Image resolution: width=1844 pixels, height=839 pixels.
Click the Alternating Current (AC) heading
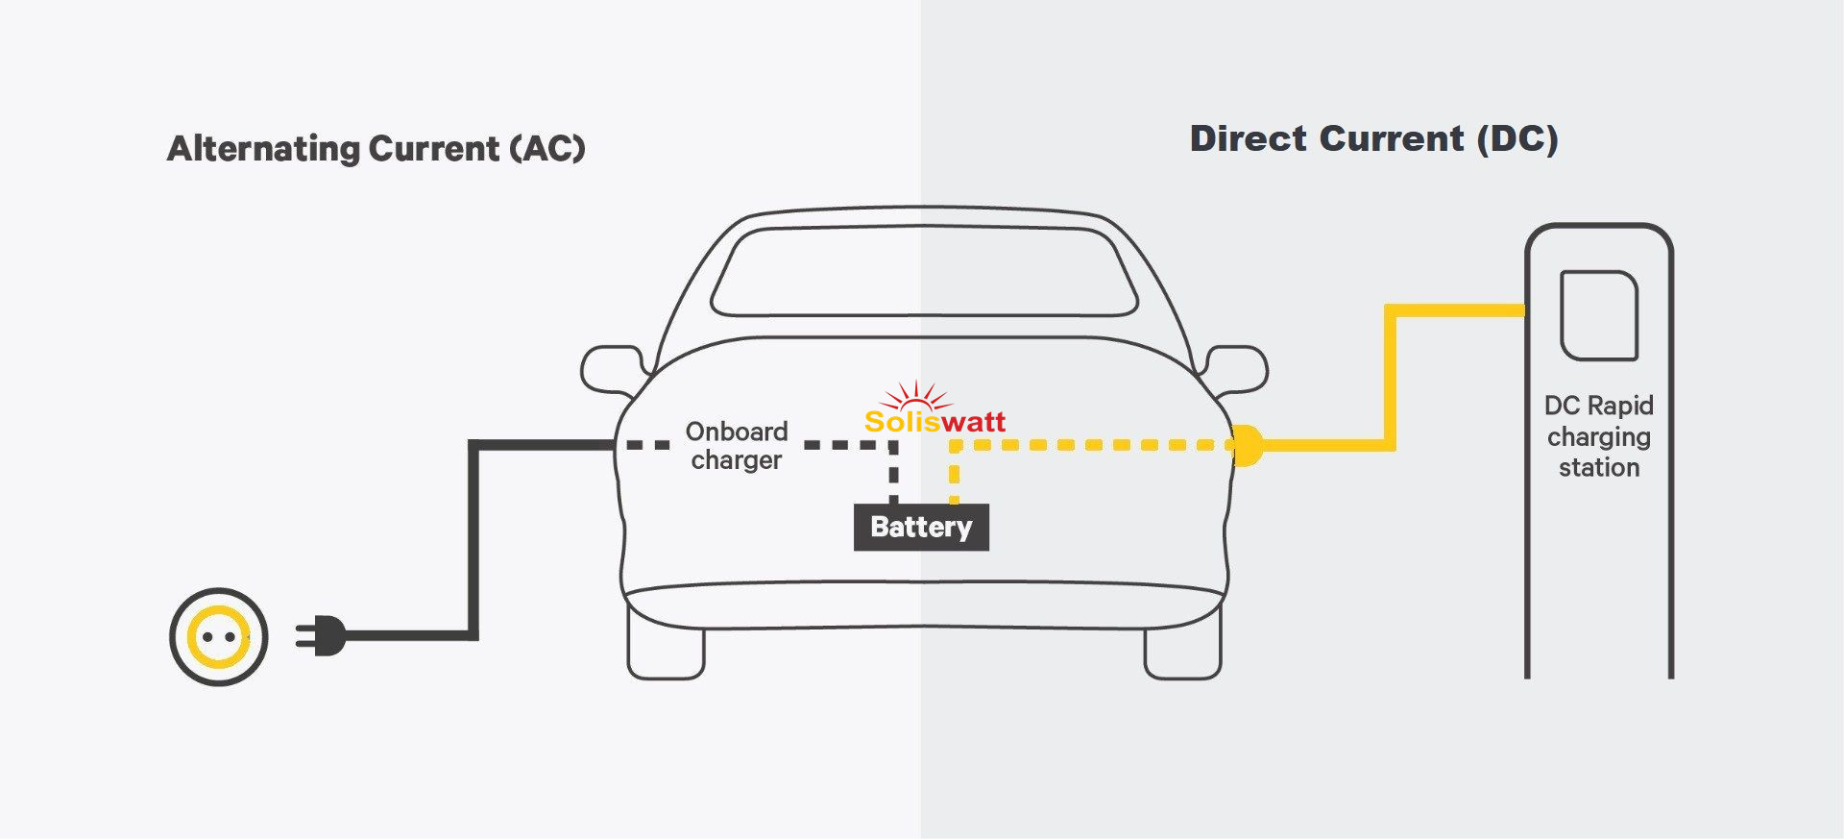point(376,149)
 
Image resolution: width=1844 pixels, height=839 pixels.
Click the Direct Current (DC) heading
point(1373,139)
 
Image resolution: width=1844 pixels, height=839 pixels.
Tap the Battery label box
point(921,528)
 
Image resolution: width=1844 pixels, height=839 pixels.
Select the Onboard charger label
point(737,446)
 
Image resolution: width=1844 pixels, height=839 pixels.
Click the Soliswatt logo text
point(934,422)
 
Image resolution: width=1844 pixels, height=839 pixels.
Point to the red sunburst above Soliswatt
point(916,395)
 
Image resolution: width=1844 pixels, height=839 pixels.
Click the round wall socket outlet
point(219,637)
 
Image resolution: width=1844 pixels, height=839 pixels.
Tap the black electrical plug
point(323,635)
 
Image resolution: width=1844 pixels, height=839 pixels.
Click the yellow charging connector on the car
point(1246,446)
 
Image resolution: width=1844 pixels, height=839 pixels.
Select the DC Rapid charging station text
point(1599,436)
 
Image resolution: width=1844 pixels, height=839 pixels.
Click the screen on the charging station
point(1599,315)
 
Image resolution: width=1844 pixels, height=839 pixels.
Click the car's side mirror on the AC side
point(612,369)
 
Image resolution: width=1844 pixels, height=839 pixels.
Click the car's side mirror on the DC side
point(1237,369)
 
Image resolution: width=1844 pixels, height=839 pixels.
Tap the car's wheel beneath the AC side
point(666,654)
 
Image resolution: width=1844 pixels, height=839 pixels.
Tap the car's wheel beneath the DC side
point(1182,654)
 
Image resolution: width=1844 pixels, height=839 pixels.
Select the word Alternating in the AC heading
point(263,149)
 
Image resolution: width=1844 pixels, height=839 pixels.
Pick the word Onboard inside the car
point(737,432)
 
